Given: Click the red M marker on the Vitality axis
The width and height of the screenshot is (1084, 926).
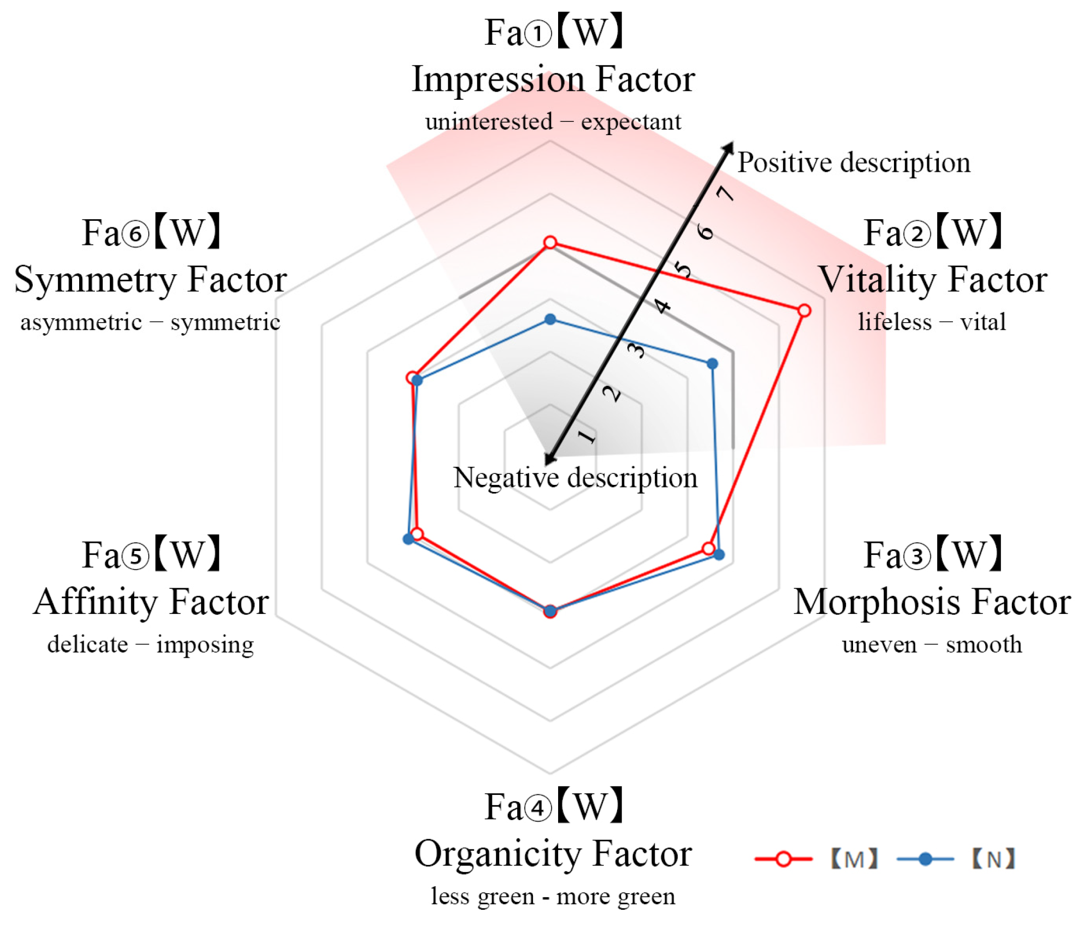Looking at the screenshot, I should click(x=804, y=311).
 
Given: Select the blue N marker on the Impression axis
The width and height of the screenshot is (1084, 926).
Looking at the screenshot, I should click(x=550, y=319).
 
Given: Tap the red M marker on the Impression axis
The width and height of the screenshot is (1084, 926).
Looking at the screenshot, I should click(x=550, y=242).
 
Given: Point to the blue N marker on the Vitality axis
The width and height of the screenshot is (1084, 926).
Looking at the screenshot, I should click(x=712, y=363).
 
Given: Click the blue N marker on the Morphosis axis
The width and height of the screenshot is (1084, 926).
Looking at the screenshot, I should click(x=719, y=554).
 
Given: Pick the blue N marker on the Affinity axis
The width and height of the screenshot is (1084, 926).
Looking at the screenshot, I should click(x=408, y=539).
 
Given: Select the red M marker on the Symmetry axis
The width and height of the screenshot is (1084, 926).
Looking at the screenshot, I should click(x=412, y=378).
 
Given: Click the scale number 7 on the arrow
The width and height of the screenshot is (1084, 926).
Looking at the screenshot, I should click(x=726, y=194).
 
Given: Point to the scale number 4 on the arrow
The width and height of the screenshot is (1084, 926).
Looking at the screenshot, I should click(x=663, y=306).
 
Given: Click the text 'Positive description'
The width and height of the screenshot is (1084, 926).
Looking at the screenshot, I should click(x=854, y=162).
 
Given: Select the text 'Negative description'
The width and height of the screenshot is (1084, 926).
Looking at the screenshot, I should click(x=575, y=477).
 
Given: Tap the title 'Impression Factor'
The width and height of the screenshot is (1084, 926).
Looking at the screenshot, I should click(x=554, y=80).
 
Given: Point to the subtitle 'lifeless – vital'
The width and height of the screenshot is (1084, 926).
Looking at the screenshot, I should click(x=932, y=322).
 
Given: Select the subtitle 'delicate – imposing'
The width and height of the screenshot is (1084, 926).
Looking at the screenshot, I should click(x=151, y=645).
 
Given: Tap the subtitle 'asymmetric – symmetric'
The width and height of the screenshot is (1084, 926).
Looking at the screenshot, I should click(x=151, y=322).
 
